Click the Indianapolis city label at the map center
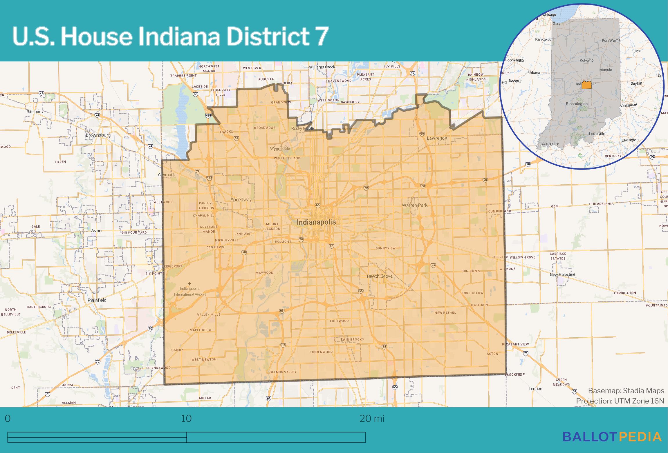[x=316, y=222]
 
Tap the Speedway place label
[x=241, y=200]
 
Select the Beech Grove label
[x=380, y=276]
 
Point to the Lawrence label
[x=437, y=138]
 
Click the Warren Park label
[x=415, y=205]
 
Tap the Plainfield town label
[x=97, y=300]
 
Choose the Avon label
[x=96, y=231]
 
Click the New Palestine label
[x=562, y=274]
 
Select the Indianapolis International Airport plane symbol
[x=190, y=283]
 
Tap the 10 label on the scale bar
[x=186, y=419]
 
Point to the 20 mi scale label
[x=372, y=419]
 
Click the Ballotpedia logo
[x=612, y=437]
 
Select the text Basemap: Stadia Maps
[x=626, y=391]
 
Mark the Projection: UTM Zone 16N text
[x=620, y=401]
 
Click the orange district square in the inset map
[x=586, y=85]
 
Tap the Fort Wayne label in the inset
[x=611, y=40]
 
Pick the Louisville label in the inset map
[x=597, y=134]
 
